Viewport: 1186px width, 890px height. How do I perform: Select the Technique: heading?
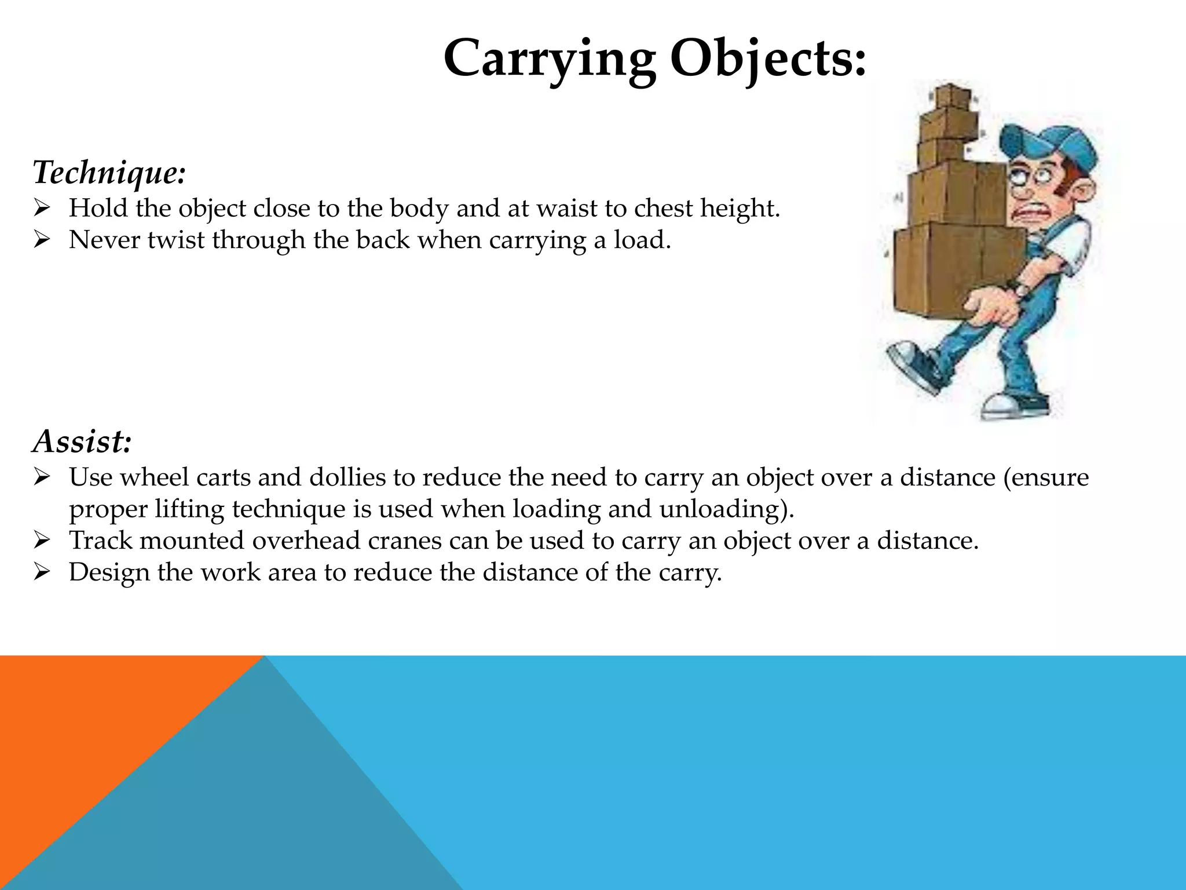pyautogui.click(x=109, y=173)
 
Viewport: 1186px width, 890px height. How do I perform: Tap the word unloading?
pyautogui.click(x=723, y=509)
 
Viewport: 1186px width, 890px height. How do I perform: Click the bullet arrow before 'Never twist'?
pyautogui.click(x=43, y=239)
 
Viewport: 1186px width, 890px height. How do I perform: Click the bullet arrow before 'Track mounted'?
pyautogui.click(x=43, y=540)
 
